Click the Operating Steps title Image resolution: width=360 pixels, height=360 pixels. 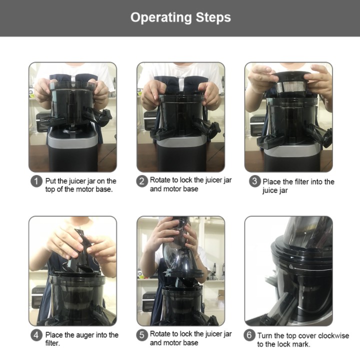point(180,17)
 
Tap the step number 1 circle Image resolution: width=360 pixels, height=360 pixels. point(36,181)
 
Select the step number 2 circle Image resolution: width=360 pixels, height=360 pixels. point(141,181)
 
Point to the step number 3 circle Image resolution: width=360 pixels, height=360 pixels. point(254,181)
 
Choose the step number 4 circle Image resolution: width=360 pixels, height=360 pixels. point(36,335)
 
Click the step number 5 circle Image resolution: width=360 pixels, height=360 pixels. point(141,335)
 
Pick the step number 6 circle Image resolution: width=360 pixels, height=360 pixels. point(249,335)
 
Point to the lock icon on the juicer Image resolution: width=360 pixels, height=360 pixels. point(291,267)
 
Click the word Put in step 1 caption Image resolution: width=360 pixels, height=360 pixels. point(50,181)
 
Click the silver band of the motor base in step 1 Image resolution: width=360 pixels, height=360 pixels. point(72,139)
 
